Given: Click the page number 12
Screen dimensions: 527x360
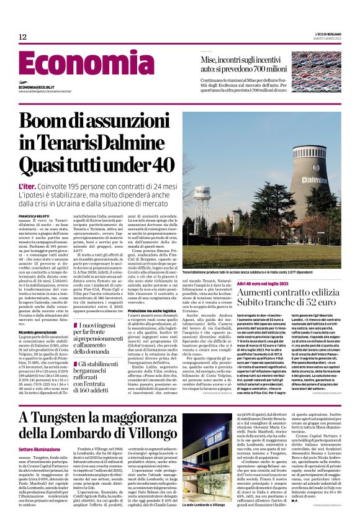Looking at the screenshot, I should coord(22,38).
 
